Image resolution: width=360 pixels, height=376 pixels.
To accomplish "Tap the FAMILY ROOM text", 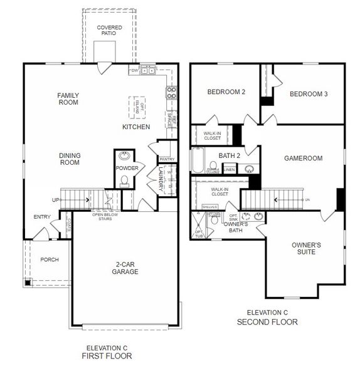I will tap(68, 99).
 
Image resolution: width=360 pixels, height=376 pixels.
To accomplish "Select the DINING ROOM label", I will tap(70, 159).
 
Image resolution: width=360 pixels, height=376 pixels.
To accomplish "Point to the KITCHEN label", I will tap(136, 127).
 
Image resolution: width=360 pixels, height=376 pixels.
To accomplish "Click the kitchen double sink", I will tap(148, 71).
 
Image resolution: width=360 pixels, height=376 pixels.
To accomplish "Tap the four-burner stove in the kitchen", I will tap(171, 93).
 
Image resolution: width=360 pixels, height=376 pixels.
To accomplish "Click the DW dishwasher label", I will tap(134, 71).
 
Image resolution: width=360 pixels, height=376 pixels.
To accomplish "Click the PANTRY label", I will tap(167, 159).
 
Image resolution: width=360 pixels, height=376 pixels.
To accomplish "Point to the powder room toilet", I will tap(124, 180).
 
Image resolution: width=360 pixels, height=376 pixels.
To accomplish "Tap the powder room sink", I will tap(124, 155).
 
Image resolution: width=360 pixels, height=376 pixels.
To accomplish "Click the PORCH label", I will tap(50, 259).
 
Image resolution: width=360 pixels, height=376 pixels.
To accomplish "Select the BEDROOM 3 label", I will tap(309, 94).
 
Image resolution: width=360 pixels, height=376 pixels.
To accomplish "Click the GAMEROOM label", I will tap(304, 159).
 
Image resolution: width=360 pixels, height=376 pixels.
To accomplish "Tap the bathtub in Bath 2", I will tap(198, 160).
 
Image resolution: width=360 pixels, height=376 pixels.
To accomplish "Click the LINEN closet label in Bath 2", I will tap(230, 169).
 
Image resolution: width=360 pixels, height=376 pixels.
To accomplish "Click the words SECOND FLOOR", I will tap(267, 322).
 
